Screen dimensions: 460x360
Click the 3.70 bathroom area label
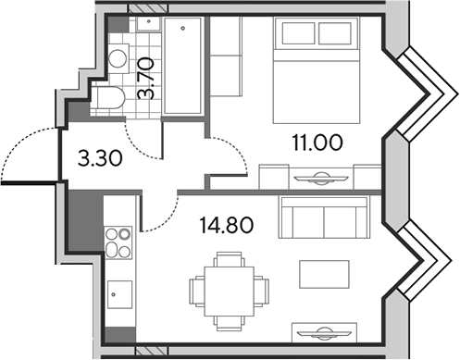coord(145,79)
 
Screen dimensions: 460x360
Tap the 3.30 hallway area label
coord(100,159)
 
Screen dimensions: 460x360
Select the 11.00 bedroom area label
coord(317,143)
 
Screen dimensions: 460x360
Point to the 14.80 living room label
coord(227,225)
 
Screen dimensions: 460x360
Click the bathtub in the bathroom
coord(182,66)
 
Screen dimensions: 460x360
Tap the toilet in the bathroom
coord(108,97)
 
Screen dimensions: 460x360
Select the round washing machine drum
coord(118,58)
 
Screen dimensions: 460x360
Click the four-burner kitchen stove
coord(118,242)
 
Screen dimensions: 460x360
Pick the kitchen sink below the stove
coord(119,294)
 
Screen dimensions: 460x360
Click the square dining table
coord(230,292)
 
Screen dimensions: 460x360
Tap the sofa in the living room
coord(324,217)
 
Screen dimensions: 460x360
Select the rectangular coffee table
coord(324,274)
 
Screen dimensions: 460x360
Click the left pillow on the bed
coord(298,33)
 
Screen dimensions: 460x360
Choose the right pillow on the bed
coord(335,33)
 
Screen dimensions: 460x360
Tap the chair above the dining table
coord(229,259)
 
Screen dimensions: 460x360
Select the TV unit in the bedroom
coord(321,177)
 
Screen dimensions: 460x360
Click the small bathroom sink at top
coord(148,24)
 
